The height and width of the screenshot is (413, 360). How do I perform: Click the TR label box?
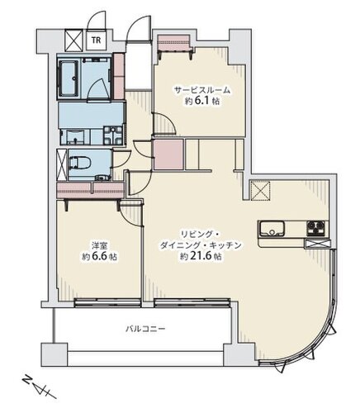coord(96,40)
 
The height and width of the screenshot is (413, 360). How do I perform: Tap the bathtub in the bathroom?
coord(69,78)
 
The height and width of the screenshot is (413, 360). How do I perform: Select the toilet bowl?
coord(80,163)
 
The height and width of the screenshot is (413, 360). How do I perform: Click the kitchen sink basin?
coord(272,229)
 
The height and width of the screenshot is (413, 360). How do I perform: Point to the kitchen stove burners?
coord(316,229)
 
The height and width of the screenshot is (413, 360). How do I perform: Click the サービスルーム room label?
coord(202,90)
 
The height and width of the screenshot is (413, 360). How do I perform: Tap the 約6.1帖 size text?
coord(202,101)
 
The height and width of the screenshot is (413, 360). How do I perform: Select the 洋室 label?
coord(100,245)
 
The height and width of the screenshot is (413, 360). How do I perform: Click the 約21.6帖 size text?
coord(201,256)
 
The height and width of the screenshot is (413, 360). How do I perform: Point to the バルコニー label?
coord(145,329)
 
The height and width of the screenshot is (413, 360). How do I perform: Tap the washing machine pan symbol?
coord(113,135)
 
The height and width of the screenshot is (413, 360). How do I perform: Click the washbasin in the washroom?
coord(73,137)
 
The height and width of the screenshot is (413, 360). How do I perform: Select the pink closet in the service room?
coord(174,43)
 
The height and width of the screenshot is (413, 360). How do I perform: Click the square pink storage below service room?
coord(168,154)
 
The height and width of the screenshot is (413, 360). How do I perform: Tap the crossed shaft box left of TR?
coord(73,40)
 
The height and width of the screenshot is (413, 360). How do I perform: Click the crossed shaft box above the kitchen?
coord(260,191)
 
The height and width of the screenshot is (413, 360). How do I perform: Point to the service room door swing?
coord(164,124)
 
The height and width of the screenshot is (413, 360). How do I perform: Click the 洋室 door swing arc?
coord(131,213)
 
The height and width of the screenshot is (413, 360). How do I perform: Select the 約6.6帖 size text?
coord(100,256)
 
